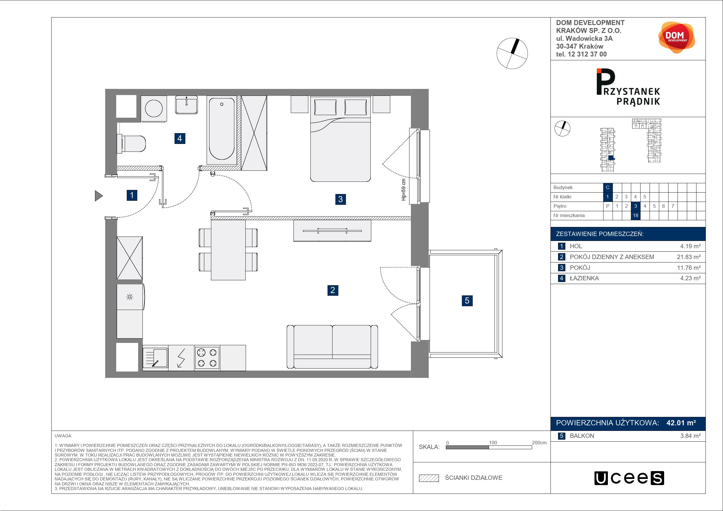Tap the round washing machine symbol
tap(154, 109)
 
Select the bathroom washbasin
tap(187, 105)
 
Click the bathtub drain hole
tap(222, 104)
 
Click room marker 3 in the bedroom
tap(340, 199)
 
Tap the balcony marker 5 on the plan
tap(467, 301)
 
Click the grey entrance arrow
tap(99, 195)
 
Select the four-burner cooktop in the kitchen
tap(207, 358)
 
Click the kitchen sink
tap(155, 358)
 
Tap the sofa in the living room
tap(332, 347)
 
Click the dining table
tap(228, 250)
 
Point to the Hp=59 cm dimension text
tap(404, 190)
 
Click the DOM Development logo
tap(676, 38)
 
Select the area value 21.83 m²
tap(689, 257)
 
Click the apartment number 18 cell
tap(636, 216)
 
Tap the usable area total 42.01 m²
tap(681, 423)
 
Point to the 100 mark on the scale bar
tap(493, 443)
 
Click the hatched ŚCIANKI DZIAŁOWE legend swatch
tap(429, 478)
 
